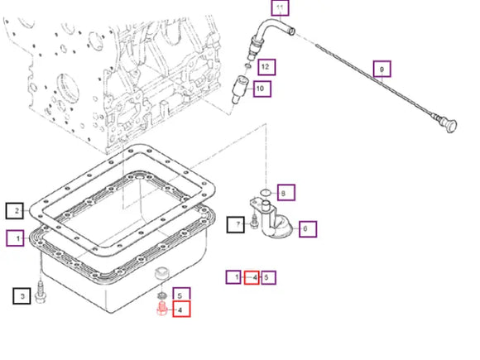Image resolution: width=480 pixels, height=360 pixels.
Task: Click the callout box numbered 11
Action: [x=280, y=7]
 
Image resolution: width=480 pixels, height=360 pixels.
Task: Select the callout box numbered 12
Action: [x=266, y=67]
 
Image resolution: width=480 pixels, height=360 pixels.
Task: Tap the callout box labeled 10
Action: [x=262, y=89]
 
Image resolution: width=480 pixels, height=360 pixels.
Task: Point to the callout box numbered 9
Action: [x=382, y=69]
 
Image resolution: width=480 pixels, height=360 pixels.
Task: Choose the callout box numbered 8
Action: [x=286, y=193]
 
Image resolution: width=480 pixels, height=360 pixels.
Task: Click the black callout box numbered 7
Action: [x=235, y=225]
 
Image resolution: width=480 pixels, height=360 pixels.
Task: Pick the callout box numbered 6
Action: [x=308, y=229]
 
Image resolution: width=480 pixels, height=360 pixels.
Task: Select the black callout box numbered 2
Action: [x=15, y=210]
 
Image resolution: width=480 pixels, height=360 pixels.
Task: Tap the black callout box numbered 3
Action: [x=22, y=296]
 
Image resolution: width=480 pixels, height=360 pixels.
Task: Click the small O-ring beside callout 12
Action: [x=248, y=65]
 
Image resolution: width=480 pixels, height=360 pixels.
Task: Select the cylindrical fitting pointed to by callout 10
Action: [x=239, y=89]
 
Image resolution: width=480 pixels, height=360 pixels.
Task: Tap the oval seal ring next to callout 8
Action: [x=265, y=192]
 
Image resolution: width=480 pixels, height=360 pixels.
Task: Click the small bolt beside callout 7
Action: [x=254, y=221]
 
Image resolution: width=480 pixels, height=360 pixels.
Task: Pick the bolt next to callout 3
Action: [x=40, y=293]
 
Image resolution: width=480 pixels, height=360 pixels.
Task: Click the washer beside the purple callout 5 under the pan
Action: [x=161, y=295]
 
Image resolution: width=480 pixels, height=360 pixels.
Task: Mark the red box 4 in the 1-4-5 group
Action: [x=252, y=277]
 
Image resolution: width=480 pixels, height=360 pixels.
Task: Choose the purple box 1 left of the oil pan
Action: [x=15, y=238]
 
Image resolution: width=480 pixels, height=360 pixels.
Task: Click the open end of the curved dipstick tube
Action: [x=292, y=31]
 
